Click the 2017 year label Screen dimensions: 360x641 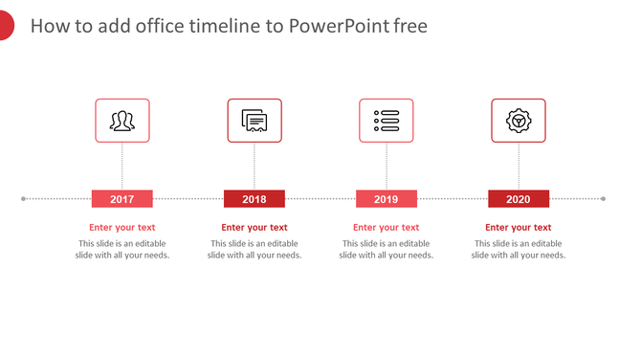coord(122,199)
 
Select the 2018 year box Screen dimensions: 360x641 coord(254,199)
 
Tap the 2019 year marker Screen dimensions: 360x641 coord(386,199)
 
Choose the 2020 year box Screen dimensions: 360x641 coord(518,199)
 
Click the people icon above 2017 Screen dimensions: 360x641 coord(122,121)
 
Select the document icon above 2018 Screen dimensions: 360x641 coord(254,121)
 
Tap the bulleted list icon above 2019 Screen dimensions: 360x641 coord(386,121)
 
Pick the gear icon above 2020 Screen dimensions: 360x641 coord(518,121)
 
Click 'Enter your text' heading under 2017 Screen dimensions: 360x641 coord(122,228)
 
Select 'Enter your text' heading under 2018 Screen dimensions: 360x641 coord(254,228)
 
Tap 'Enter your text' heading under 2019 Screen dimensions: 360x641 coord(386,228)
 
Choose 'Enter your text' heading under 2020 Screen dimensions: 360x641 coord(518,228)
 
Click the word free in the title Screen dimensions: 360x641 coord(410,26)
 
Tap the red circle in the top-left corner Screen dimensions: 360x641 coord(4,26)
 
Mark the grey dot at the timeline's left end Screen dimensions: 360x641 coord(23,199)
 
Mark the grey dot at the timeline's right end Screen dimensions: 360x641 coord(603,199)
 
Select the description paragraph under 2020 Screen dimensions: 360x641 coord(518,249)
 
